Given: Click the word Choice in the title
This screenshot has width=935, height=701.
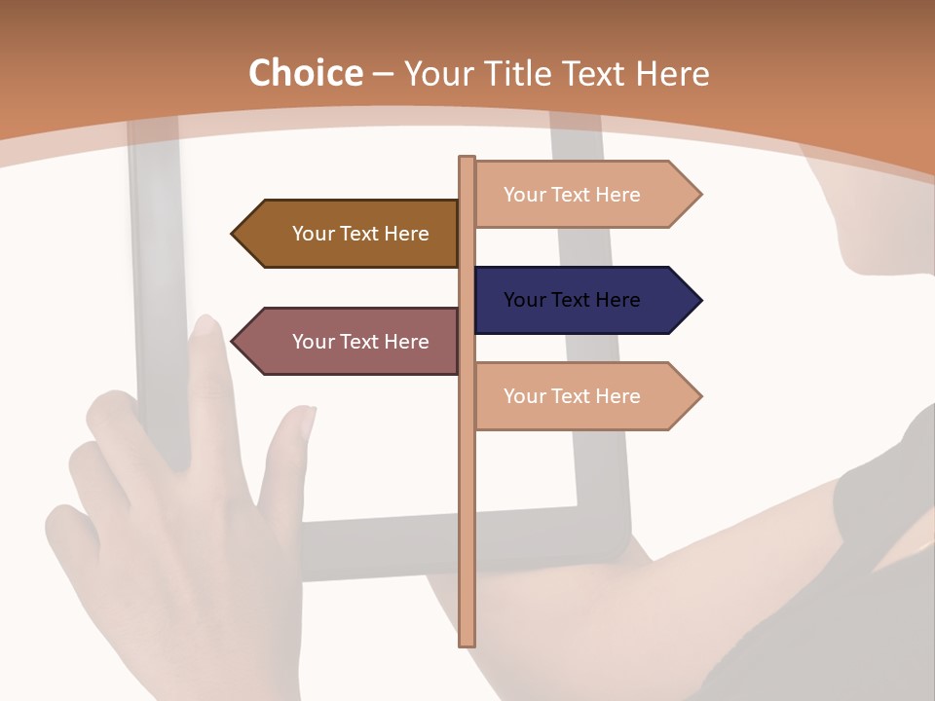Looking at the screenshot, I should click(305, 74).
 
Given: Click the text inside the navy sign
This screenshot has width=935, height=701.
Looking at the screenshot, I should click(572, 300).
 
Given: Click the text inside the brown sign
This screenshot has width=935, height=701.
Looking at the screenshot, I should click(360, 234).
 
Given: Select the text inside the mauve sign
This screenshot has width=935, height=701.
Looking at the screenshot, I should click(360, 342).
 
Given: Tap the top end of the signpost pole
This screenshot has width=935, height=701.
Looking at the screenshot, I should click(467, 159).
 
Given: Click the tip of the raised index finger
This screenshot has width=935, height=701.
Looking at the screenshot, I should click(206, 322).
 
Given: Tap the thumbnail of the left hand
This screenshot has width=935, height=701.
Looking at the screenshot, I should click(301, 422).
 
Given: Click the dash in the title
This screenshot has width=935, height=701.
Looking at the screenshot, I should click(383, 75).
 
